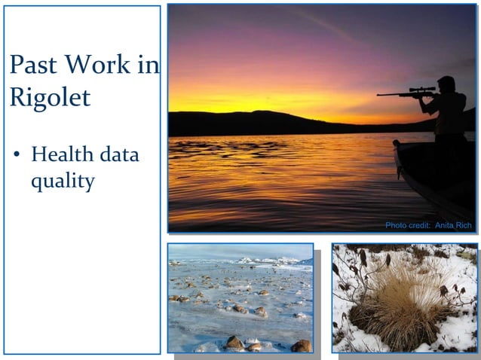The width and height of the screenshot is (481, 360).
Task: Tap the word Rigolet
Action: pos(49,97)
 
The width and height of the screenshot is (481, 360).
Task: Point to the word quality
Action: pos(63,182)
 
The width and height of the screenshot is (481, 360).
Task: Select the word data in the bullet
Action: pos(120,155)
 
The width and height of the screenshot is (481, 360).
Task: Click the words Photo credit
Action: pos(408,225)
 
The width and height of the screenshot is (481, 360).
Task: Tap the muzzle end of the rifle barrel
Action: pos(379,95)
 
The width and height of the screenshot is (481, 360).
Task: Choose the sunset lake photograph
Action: pos(302,113)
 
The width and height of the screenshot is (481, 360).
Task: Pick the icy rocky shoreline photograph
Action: pos(240,297)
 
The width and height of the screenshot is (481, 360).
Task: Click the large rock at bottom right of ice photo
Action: pos(300,346)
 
